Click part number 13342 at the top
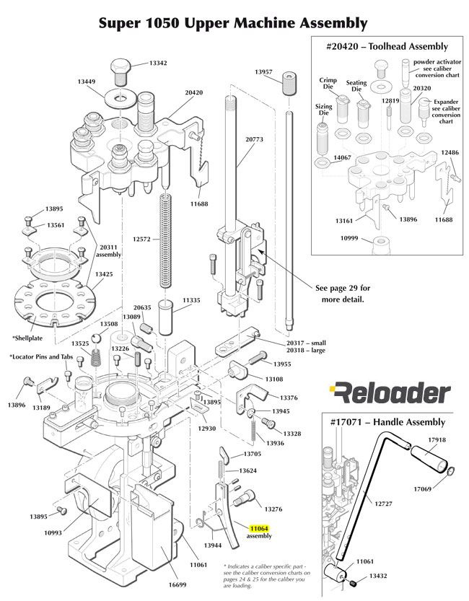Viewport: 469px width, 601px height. point(157,63)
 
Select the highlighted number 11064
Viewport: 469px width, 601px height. point(258,529)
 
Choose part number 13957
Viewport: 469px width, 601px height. point(264,72)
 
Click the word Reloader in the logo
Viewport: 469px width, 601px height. point(390,393)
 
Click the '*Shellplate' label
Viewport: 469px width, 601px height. point(30,337)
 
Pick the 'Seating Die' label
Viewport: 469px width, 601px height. point(356,87)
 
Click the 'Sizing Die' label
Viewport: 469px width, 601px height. point(323,110)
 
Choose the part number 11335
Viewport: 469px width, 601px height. point(191,299)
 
